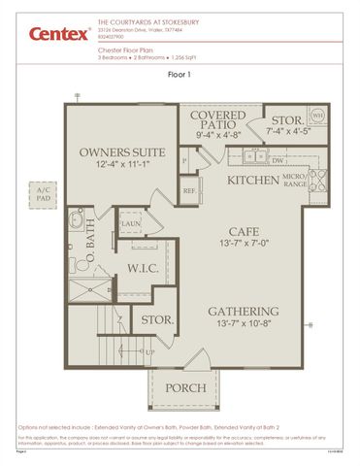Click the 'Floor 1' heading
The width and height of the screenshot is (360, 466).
(x=180, y=74)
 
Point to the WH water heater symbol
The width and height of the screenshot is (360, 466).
(x=316, y=116)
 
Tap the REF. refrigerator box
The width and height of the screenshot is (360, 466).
(x=189, y=192)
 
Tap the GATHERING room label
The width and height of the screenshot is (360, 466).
(x=245, y=312)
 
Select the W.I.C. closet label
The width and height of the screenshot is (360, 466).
(x=143, y=269)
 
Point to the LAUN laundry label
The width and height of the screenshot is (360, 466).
(x=131, y=224)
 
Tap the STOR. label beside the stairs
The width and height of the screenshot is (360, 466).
(x=157, y=318)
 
